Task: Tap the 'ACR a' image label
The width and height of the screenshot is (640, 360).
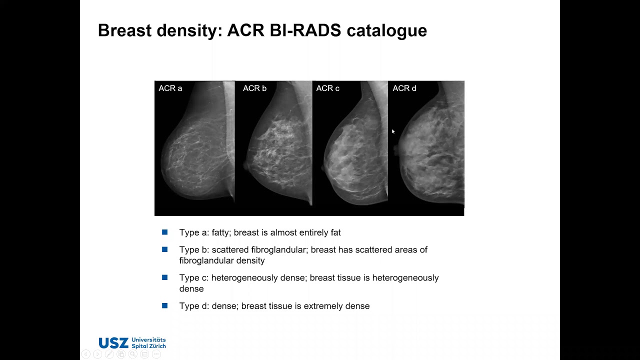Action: [x=170, y=88]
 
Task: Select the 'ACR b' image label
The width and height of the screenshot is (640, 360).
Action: [x=254, y=88]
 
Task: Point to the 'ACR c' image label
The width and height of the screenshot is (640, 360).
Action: [x=327, y=88]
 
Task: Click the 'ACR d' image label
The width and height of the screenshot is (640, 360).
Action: [x=404, y=88]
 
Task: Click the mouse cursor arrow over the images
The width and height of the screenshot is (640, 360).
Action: [x=393, y=131]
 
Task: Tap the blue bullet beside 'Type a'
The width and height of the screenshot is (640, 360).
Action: [x=165, y=232]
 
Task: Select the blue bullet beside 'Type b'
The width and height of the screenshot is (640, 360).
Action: [x=165, y=249]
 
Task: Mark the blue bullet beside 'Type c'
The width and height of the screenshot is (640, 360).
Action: [x=165, y=277]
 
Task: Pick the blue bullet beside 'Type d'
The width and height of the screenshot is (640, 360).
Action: [x=165, y=305]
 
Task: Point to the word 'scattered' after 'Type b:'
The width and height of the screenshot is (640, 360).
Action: [x=229, y=249]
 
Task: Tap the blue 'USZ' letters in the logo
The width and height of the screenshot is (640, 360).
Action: [x=113, y=343]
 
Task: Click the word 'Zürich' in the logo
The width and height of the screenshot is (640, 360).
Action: [x=155, y=346]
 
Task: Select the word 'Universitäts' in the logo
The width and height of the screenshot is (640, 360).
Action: [x=148, y=340]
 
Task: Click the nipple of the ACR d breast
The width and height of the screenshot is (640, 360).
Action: [x=396, y=149]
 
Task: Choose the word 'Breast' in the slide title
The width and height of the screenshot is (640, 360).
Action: [x=124, y=30]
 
